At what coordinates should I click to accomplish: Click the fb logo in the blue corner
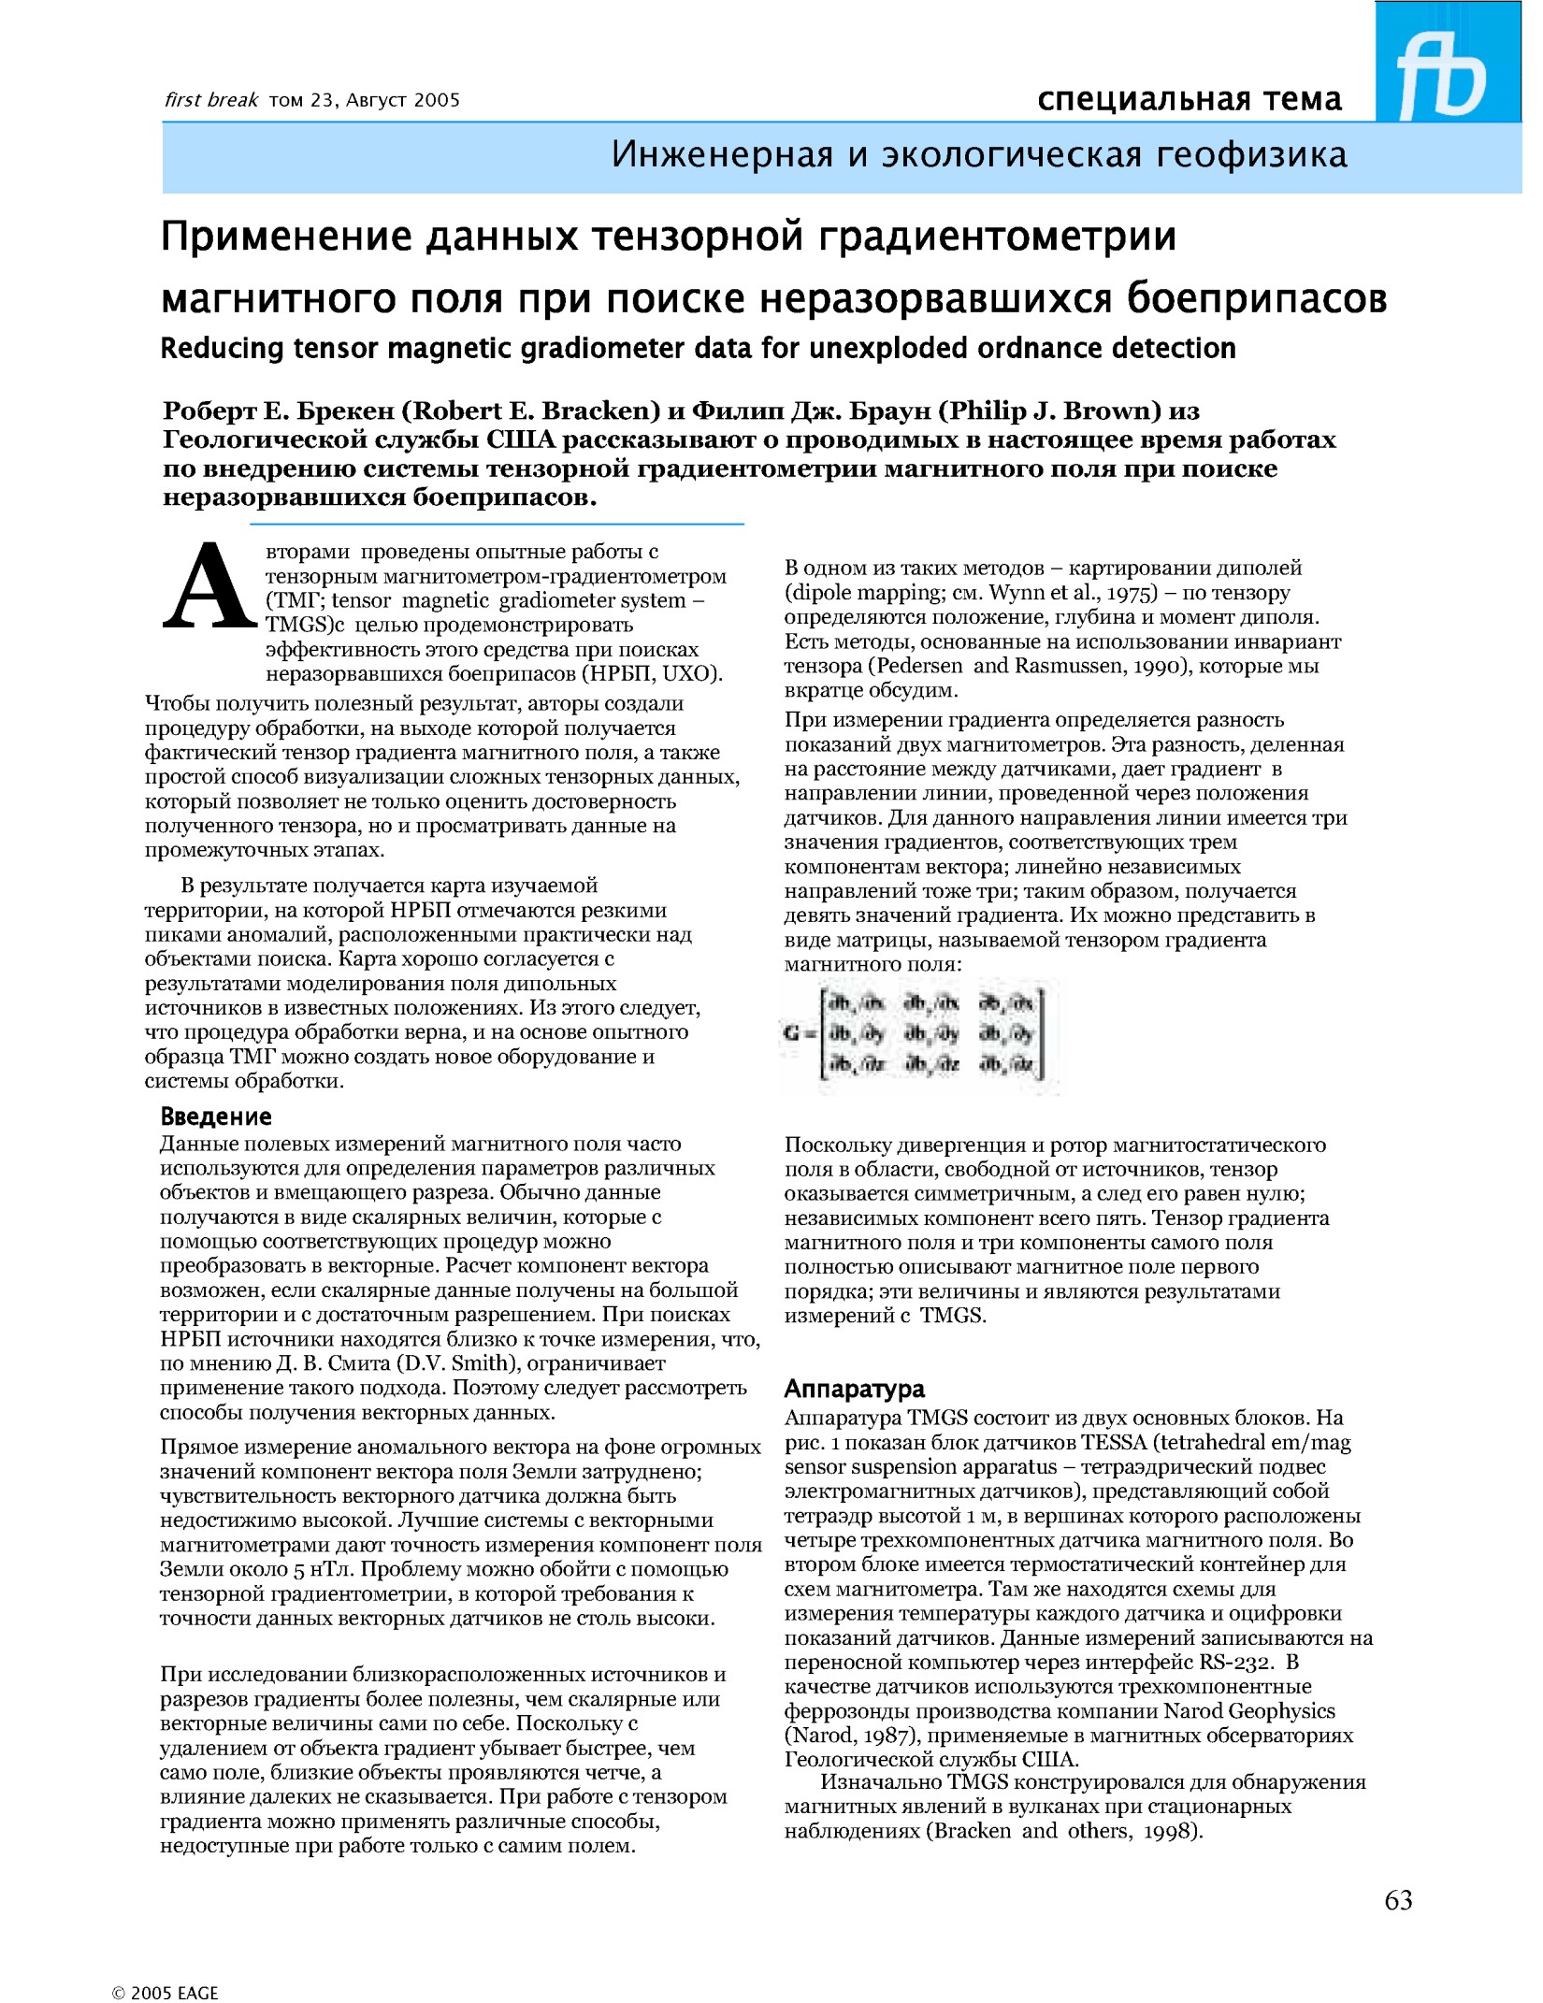(1444, 74)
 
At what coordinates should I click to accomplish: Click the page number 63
(1398, 1899)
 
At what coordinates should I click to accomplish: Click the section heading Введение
(216, 1117)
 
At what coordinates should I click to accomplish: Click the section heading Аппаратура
(854, 1389)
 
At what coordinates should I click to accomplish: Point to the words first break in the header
(210, 100)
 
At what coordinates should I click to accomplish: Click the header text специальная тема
(1189, 98)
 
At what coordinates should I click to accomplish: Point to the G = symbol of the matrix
(798, 1033)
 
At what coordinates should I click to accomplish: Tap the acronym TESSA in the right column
(1115, 1443)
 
